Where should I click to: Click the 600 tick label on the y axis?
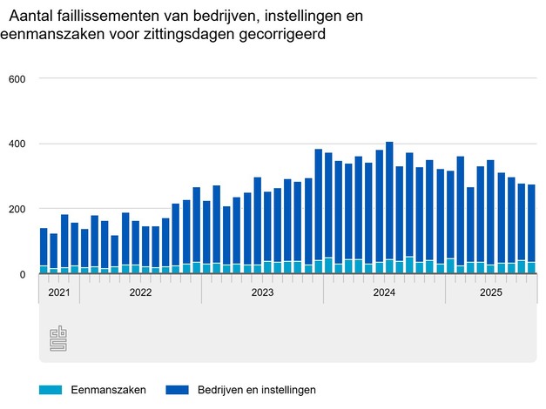point(17,79)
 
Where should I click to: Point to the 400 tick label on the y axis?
point(17,144)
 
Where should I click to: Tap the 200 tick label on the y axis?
point(17,209)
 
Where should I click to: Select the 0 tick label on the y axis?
point(24,274)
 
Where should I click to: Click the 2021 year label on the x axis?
point(58,293)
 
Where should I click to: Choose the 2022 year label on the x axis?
point(140,293)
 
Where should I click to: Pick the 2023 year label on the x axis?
point(262,293)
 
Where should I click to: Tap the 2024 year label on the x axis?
point(384,293)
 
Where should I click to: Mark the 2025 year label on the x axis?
point(490,293)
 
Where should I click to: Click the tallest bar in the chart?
point(389,208)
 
